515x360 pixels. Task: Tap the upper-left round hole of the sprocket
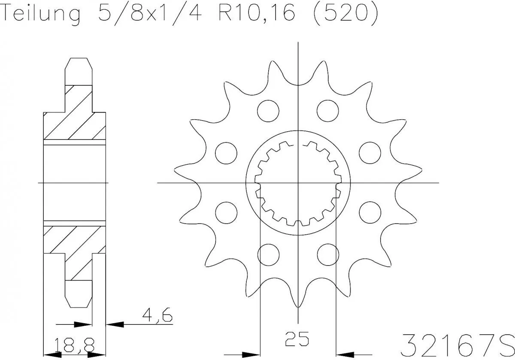coord(268,110)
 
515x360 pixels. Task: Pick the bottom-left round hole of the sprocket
coord(268,254)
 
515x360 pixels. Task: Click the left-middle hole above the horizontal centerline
coord(226,153)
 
